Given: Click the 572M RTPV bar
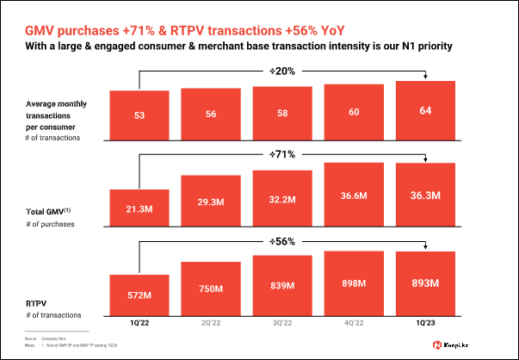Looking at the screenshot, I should [x=139, y=295].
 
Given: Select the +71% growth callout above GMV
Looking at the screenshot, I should [x=281, y=154].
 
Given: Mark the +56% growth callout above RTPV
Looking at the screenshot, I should [x=281, y=241].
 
